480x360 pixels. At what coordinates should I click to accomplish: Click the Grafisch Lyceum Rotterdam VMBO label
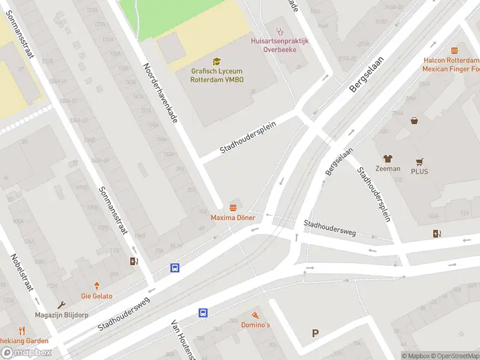[x=217, y=75]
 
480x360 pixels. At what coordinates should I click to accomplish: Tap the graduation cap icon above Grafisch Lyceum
[x=217, y=61]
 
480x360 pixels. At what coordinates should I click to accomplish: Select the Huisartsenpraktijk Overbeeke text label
[x=279, y=45]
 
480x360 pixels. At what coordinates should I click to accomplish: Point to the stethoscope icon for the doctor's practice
[x=279, y=31]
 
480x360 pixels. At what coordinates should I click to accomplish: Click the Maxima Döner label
[x=232, y=217]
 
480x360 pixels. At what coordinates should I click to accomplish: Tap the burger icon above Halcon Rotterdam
[x=454, y=50]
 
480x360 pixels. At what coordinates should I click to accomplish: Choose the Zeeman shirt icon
[x=388, y=158]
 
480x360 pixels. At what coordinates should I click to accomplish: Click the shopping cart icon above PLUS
[x=420, y=161]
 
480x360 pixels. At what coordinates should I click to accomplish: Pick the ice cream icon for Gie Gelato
[x=97, y=286]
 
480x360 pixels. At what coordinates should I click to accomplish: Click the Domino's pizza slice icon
[x=255, y=314]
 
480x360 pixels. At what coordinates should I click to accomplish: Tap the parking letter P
[x=315, y=334]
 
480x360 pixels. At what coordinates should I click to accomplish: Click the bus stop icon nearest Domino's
[x=203, y=313]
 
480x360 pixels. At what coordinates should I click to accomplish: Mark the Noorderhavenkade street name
[x=160, y=93]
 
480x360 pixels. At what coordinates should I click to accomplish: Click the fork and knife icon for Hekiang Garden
[x=22, y=331]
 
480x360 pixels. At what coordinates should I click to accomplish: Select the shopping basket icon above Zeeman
[x=414, y=121]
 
